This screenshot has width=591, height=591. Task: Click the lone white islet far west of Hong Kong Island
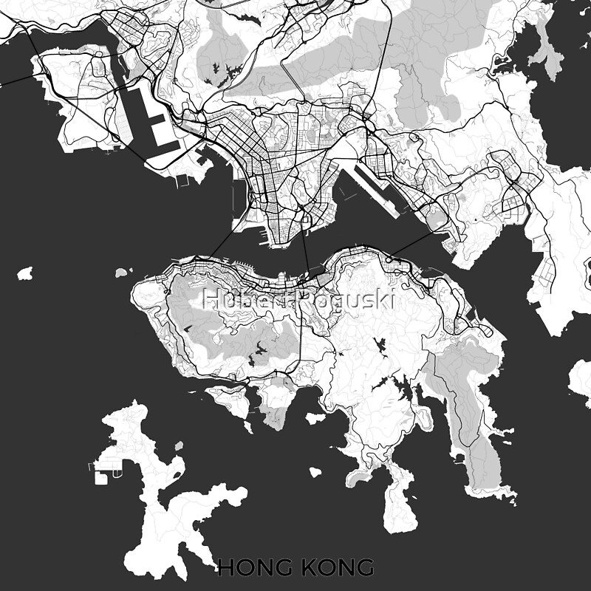pyautogui.click(x=25, y=274)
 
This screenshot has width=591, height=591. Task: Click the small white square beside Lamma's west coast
pyautogui.click(x=100, y=479)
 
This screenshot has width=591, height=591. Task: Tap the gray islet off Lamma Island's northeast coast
pyautogui.click(x=179, y=446)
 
